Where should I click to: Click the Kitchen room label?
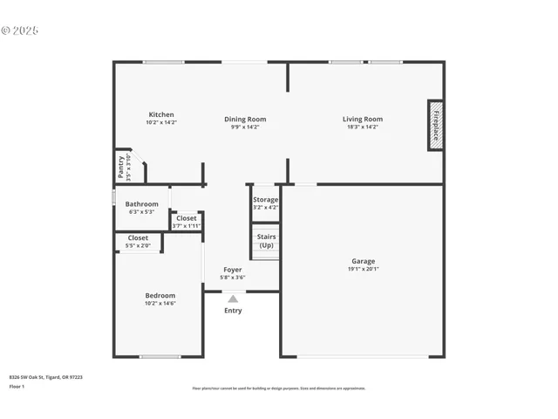point(161,114)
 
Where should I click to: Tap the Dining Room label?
point(245,120)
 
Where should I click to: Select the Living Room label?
point(362,120)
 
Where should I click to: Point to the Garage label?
point(363,261)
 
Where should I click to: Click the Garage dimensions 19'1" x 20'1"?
point(363,269)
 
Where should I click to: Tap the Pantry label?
point(122,166)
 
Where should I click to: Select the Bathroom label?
point(142,204)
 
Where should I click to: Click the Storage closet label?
point(266,200)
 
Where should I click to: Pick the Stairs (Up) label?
point(266,241)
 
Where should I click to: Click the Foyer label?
point(233,270)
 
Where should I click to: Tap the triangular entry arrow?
point(233,299)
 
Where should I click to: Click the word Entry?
point(233,311)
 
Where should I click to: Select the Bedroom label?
point(160,296)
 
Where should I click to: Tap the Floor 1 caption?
point(17,385)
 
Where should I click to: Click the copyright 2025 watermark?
point(20,31)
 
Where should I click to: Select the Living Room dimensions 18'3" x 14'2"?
point(362,127)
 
